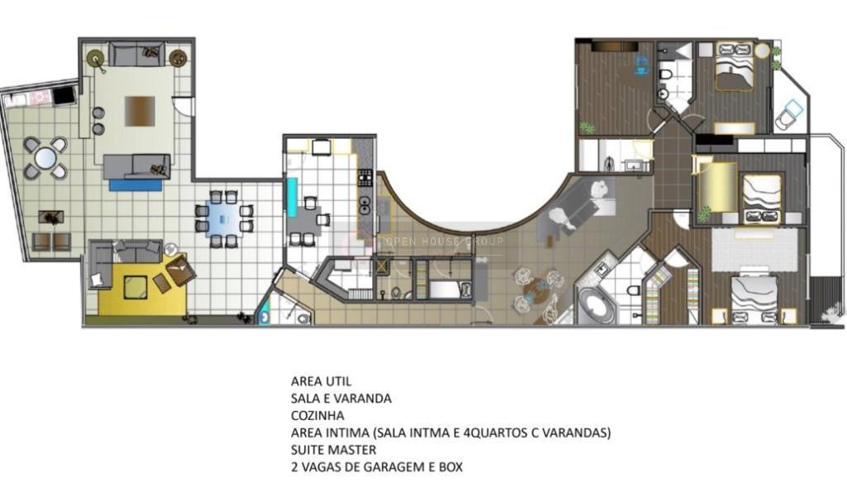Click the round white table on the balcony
45,158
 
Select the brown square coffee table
140,112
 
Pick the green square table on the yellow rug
135,287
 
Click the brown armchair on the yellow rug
180,270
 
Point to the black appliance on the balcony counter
64,96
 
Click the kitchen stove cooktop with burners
365,178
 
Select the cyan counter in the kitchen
292,197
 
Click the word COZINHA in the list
317,415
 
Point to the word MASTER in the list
352,450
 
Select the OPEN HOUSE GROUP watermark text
444,241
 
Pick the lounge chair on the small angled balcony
789,114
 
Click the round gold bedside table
762,50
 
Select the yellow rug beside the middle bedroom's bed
717,186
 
